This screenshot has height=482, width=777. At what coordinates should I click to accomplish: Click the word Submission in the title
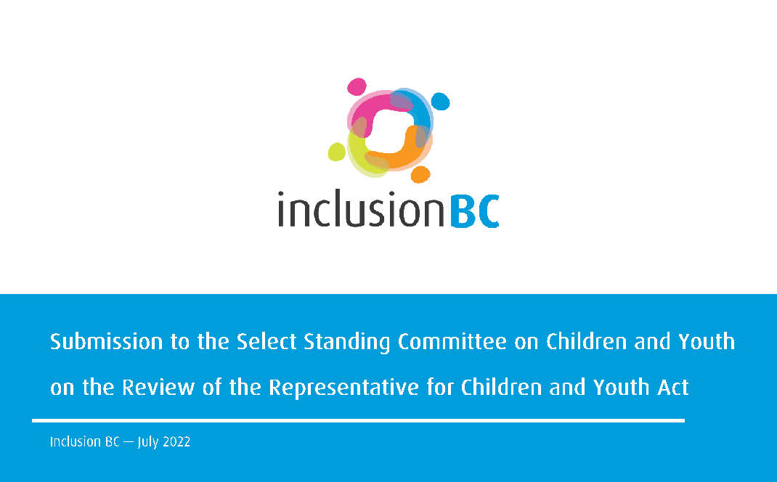(104, 342)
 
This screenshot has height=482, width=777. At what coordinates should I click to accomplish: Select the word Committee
(452, 342)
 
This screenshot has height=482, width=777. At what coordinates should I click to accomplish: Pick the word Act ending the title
(672, 388)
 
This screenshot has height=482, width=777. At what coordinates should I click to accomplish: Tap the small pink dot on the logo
(356, 86)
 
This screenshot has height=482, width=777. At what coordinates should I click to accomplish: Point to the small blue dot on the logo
(440, 102)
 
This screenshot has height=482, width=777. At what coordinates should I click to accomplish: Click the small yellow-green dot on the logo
(336, 151)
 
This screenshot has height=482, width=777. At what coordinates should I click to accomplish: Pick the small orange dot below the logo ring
(420, 174)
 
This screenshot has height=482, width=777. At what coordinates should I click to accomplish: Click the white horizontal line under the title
(358, 420)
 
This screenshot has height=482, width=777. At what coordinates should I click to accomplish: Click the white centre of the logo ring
(389, 131)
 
